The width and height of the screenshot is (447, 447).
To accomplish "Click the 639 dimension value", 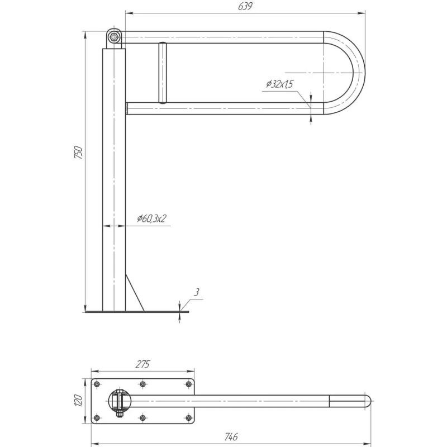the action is pos(245,6).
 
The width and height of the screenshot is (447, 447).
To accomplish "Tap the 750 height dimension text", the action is pos(78,152).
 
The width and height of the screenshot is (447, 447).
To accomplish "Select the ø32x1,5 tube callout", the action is pos(279,84).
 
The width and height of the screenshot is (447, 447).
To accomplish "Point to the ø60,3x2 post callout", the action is pos(151,218).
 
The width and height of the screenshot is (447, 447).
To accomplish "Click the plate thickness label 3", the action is pos(197,292).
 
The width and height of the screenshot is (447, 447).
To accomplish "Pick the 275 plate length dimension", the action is pos(142,365).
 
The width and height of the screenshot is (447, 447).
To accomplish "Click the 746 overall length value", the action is pos(231,436).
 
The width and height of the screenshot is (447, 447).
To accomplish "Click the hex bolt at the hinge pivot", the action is pos(115,37).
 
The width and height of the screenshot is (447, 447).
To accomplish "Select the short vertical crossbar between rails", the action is pos(163,73).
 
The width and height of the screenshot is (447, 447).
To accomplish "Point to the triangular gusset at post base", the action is pos(135,293).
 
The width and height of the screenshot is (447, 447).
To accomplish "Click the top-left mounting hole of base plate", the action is pos(97,384).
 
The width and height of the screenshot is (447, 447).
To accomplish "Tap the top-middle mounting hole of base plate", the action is pos(143,384).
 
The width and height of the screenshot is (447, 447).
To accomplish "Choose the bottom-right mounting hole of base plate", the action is pos(188,418).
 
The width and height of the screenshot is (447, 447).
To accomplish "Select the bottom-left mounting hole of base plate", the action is pos(97,418).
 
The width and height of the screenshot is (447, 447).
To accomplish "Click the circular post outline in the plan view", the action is pos(108,401).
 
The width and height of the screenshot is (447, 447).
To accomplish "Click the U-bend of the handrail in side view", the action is pos(359,73).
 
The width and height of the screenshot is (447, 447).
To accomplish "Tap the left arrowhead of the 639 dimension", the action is pos(130,13).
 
